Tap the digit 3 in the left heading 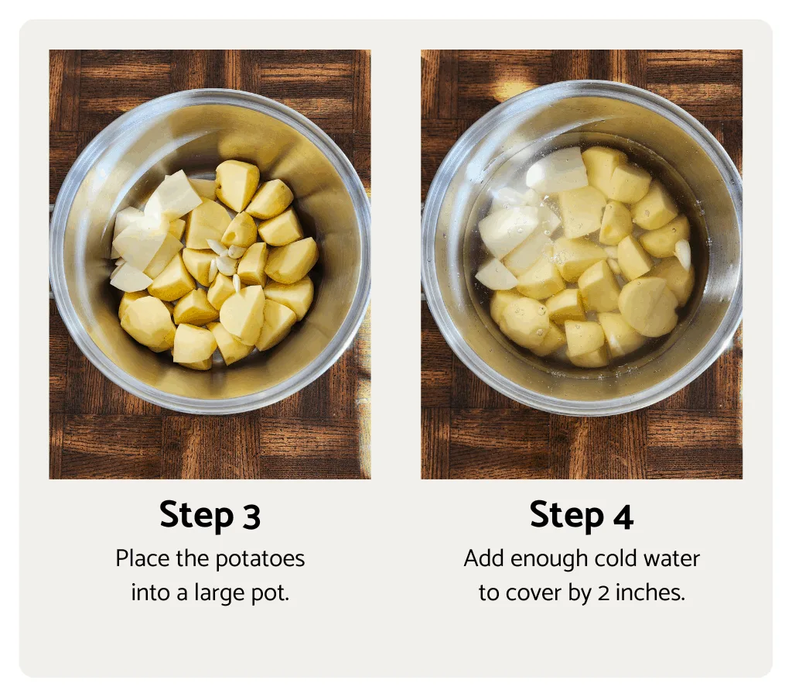(251, 517)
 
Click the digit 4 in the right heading (623, 517)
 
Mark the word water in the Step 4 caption (674, 558)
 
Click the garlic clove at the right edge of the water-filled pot (682, 253)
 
